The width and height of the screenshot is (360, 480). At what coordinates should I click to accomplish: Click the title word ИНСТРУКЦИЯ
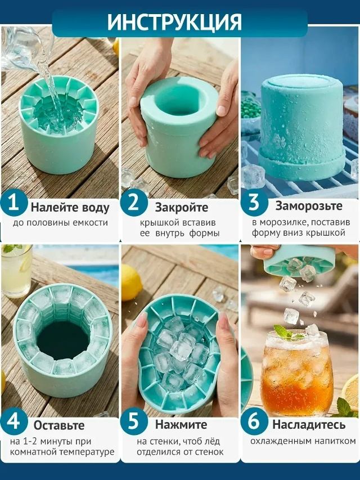pos(174,22)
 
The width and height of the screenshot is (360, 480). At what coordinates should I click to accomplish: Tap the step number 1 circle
pos(14,203)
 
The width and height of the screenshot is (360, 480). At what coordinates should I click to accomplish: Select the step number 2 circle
pos(134,203)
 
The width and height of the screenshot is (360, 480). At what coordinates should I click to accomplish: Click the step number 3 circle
pos(254,203)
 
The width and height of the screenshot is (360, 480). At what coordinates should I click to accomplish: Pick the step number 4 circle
pos(14,421)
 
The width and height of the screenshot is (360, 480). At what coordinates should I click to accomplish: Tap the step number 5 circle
pos(134,421)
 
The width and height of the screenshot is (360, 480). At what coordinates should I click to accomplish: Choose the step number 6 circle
pos(254,421)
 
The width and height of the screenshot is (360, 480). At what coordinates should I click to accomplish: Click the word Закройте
pos(182,208)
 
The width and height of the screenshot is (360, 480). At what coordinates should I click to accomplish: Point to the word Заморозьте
pos(309,206)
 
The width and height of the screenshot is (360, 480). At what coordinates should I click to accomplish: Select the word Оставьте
pos(59,425)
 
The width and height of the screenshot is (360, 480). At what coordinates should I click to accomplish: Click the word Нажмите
pos(181,425)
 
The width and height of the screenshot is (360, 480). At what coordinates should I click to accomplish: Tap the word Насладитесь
pos(309,425)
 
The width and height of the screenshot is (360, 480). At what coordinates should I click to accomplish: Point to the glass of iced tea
pos(296,373)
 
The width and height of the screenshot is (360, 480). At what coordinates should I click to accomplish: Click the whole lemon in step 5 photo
pos(131,282)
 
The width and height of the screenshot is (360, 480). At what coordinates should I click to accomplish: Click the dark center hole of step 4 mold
pos(64,340)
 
